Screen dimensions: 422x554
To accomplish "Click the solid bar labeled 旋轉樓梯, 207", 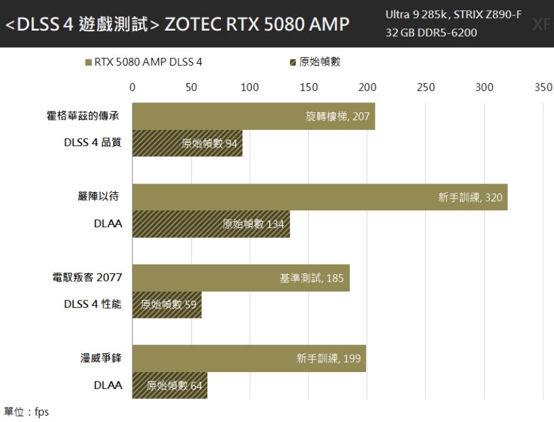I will pos(254,116).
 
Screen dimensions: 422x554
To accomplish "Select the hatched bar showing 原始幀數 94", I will pos(187,144).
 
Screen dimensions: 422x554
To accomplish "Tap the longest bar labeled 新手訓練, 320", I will pos(320,197).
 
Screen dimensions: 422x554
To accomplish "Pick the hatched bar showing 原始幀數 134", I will pos(211,224).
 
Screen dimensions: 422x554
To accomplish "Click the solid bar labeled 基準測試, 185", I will pos(241,278).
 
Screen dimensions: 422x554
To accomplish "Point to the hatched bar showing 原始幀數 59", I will pos(167,305).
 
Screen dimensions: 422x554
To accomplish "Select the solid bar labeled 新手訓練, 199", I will pos(249,358).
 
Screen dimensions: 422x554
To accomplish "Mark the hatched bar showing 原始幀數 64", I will pos(170,385).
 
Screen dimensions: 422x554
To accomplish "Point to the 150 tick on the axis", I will pos(309,87).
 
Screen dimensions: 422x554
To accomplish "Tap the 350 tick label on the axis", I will pos(543,87).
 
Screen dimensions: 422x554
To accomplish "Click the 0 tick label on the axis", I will pos(132,87).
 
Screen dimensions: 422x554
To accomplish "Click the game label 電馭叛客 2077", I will pos(87,278).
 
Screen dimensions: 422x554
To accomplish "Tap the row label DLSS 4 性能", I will pos(92,305).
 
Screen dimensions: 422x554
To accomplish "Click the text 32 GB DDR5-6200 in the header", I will pos(431,32).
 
